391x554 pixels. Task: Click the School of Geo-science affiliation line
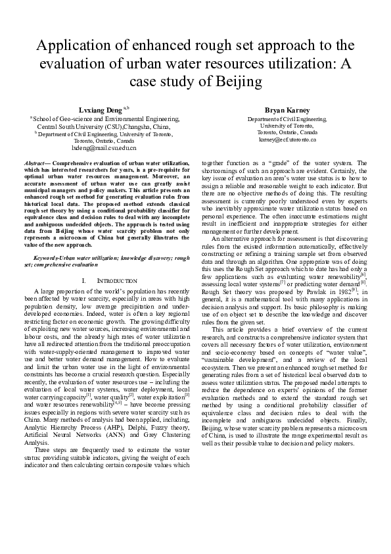pos(103,118)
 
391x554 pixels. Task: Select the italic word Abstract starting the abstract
pos(36,161)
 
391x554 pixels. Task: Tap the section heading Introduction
pos(108,280)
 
